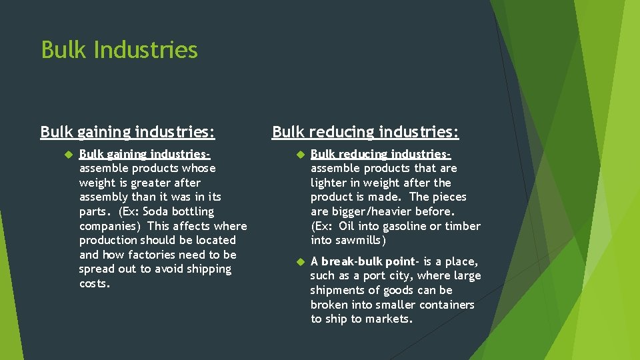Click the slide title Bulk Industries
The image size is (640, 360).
(119, 50)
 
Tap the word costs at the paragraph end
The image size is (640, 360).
(94, 284)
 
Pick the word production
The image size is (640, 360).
(107, 240)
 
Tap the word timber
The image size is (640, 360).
(463, 226)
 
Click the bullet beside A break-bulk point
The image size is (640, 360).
(299, 261)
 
